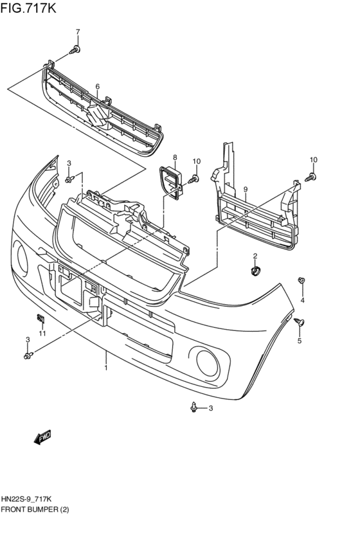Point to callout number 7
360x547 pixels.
(78, 32)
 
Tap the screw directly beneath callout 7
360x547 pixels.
(76, 49)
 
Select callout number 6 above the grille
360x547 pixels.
(98, 86)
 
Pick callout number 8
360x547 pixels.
(174, 157)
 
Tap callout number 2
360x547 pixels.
(255, 256)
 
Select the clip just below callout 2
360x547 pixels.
(255, 270)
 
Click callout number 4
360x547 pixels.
(302, 300)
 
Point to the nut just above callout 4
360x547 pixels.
(301, 280)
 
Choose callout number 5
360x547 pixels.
(299, 341)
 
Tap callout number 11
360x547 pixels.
(42, 332)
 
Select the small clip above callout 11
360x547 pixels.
(40, 317)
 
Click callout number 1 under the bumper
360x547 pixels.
(106, 367)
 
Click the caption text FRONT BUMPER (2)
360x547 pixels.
(35, 509)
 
